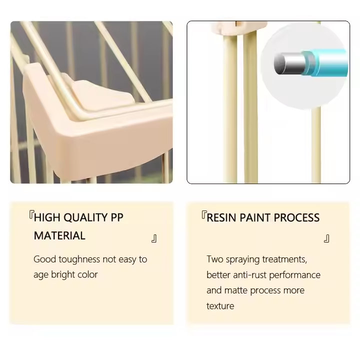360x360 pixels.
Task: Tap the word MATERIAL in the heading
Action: coord(59,236)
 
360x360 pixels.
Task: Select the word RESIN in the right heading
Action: coord(221,218)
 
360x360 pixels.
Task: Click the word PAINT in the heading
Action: coord(255,218)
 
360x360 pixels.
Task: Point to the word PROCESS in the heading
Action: coord(296,218)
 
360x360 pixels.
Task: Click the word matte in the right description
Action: coord(236,290)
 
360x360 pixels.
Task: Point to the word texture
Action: coord(220,306)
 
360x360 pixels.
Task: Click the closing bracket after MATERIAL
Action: coord(154,238)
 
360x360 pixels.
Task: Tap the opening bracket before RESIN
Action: coord(204,214)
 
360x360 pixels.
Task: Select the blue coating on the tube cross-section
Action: coord(326,62)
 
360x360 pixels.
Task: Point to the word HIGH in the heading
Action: coord(47,217)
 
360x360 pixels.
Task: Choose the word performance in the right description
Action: coord(295,275)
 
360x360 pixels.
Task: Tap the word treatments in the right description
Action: coord(284,259)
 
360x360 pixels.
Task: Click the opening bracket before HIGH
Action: coord(31,214)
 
